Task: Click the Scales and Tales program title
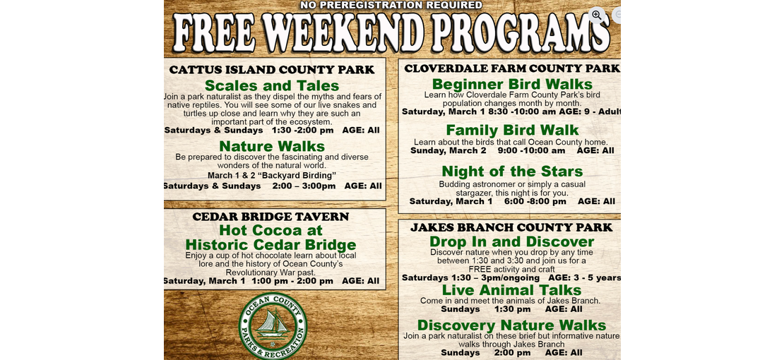coord(271,85)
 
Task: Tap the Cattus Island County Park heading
coord(271,69)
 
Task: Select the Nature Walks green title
coord(271,146)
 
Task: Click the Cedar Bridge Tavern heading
coord(271,217)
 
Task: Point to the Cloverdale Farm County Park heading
coord(512,68)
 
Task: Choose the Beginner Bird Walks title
coord(512,84)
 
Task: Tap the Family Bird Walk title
coord(512,130)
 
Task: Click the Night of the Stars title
coord(512,172)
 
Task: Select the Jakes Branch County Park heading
coord(511,227)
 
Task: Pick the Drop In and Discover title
coord(511,242)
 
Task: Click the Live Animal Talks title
coord(511,291)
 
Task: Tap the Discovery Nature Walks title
coord(511,325)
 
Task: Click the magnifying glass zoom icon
coord(597,15)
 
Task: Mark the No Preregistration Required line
coord(391,5)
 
